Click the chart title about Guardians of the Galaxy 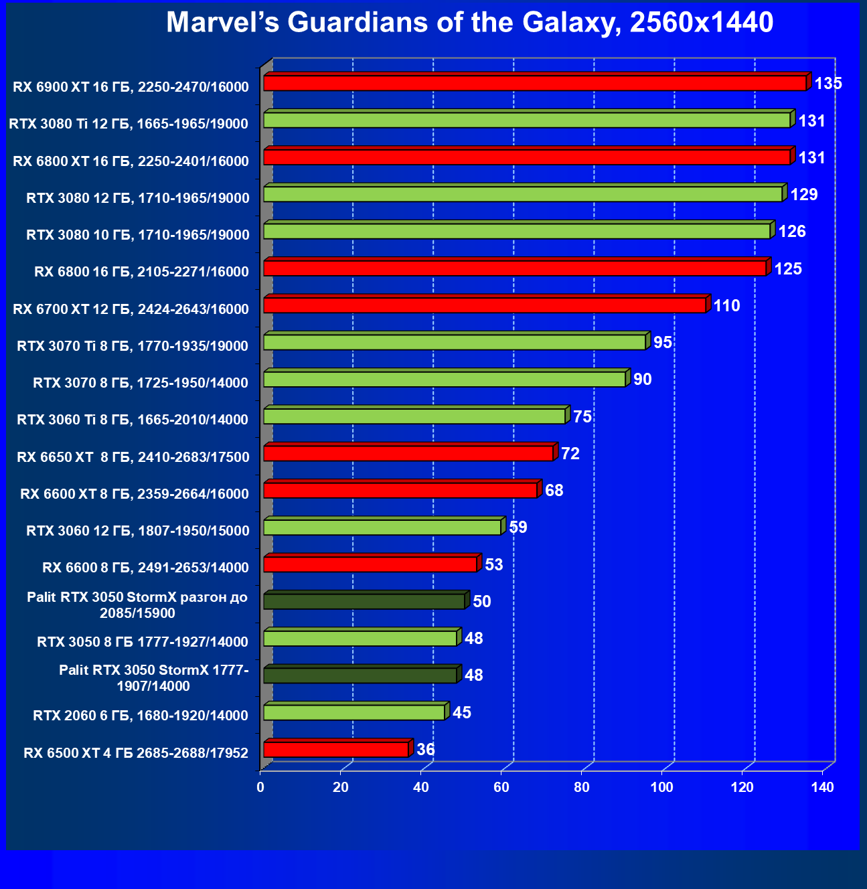pos(469,23)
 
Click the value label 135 pos(828,84)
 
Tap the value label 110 pos(726,306)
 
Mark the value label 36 pos(425,749)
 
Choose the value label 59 pos(518,528)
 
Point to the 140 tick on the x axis pos(822,787)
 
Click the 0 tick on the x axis pos(260,787)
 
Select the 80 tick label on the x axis pos(581,787)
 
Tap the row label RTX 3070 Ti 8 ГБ pos(133,346)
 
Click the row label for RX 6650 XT pos(133,457)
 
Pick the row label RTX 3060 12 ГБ pos(137,531)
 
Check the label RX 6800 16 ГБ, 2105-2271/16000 pos(141,272)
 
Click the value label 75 pos(582,417)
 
